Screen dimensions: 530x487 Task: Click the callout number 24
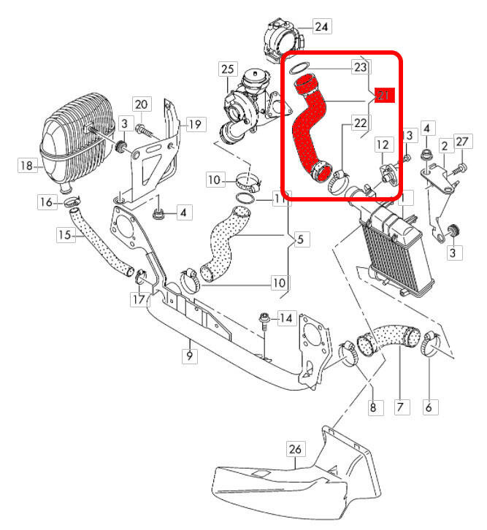pos(322,28)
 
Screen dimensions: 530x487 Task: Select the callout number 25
pos(227,69)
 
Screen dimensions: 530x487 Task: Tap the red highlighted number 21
pos(385,95)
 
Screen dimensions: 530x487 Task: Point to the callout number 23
pos(360,67)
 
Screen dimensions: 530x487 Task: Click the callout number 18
pos(26,166)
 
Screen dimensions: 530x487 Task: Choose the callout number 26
pos(294,451)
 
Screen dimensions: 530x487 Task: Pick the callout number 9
pos(189,356)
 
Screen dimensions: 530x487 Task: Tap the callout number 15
pos(65,235)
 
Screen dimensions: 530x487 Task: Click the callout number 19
pos(193,125)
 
